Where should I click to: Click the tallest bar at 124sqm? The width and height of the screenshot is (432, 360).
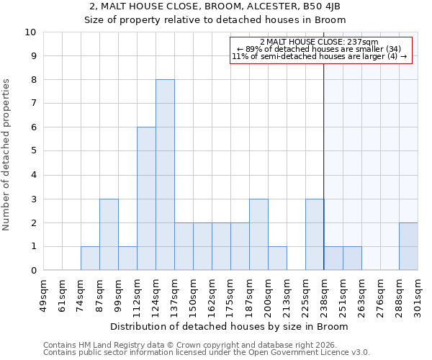click(165, 175)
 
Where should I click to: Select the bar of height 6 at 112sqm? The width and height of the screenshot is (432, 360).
click(146, 199)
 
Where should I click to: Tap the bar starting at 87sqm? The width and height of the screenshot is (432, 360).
click(109, 235)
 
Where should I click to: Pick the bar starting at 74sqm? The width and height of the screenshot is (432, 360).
click(90, 258)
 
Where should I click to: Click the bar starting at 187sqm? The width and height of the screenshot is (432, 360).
click(258, 235)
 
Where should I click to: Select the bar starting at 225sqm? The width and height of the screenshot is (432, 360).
click(315, 235)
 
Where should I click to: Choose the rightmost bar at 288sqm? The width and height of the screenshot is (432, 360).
click(408, 247)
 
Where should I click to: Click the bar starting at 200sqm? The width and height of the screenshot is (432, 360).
click(277, 258)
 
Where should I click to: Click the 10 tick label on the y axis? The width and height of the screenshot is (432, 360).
click(30, 32)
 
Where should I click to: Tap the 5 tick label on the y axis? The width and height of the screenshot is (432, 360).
click(33, 151)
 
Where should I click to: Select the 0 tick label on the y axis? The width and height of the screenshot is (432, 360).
click(33, 271)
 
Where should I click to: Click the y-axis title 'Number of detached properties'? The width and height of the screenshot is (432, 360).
click(7, 155)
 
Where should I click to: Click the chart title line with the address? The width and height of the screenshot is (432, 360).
click(215, 6)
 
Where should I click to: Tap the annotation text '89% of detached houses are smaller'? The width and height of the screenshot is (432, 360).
click(319, 49)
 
